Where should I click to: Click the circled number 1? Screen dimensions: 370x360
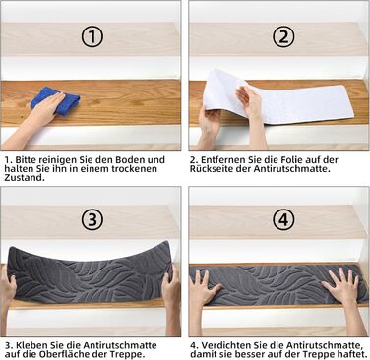point(92,36)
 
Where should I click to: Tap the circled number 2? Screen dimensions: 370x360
point(283,36)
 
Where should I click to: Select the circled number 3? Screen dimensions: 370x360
point(92,219)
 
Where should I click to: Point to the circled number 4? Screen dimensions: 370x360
point(283,219)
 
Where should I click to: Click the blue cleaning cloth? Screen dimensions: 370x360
point(56,100)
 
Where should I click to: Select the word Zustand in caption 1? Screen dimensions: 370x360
point(24,178)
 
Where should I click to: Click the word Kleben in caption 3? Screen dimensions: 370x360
point(31,345)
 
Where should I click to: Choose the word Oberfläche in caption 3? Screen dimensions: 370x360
point(66,354)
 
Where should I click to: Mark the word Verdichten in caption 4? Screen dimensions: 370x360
point(225,345)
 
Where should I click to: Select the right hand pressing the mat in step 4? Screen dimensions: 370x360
point(341,286)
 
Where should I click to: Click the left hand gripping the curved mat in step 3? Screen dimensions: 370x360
point(7,288)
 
